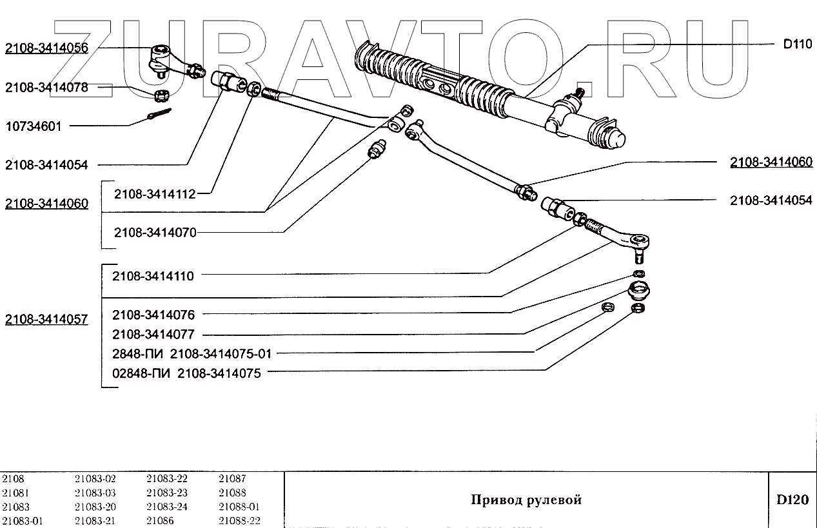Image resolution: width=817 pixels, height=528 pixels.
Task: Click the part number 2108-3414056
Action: pyautogui.click(x=46, y=48)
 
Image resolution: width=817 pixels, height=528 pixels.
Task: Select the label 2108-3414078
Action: pyautogui.click(x=46, y=87)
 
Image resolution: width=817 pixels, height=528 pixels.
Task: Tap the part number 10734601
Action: pyautogui.click(x=34, y=126)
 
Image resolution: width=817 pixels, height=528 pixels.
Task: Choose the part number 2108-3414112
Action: pyautogui.click(x=155, y=193)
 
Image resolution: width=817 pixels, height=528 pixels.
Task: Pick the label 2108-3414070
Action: pyautogui.click(x=155, y=232)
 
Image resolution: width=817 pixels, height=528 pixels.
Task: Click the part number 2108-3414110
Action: pyautogui.click(x=153, y=275)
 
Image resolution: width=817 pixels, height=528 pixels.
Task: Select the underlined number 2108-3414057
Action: pyautogui.click(x=46, y=320)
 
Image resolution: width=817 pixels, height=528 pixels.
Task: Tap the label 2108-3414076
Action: pyautogui.click(x=153, y=315)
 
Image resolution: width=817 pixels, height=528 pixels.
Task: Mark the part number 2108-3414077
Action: pyautogui.click(x=153, y=335)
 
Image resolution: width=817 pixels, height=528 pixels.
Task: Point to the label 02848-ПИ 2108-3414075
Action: pyautogui.click(x=186, y=373)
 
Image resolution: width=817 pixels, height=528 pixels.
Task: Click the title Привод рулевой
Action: pyautogui.click(x=526, y=500)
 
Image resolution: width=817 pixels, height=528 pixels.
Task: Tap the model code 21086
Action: pyautogui.click(x=160, y=521)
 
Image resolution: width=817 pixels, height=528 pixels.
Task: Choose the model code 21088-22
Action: pyautogui.click(x=239, y=521)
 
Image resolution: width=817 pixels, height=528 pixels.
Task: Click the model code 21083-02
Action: pyautogui.click(x=95, y=478)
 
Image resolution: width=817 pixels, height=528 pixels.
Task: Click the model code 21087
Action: pyautogui.click(x=232, y=478)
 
